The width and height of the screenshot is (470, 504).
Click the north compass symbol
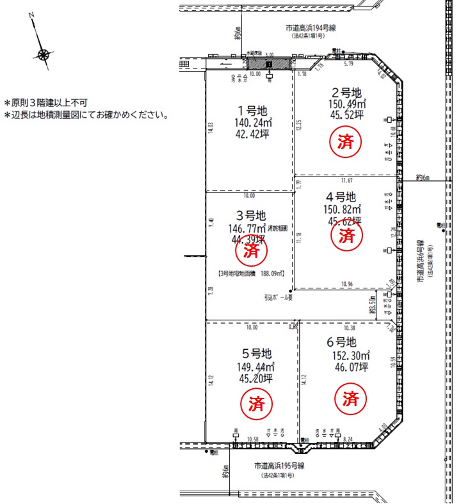[x=43, y=54]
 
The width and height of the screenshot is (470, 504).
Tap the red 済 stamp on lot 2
[x=346, y=141]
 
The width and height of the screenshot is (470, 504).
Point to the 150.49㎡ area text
[x=346, y=104]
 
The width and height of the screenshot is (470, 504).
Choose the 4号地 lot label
[x=340, y=196]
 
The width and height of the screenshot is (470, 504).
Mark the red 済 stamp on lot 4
[x=346, y=237]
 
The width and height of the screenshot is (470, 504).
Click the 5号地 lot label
[x=255, y=354]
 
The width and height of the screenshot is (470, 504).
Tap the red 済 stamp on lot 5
[x=256, y=403]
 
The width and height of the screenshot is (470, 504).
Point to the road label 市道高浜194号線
[x=311, y=28]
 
